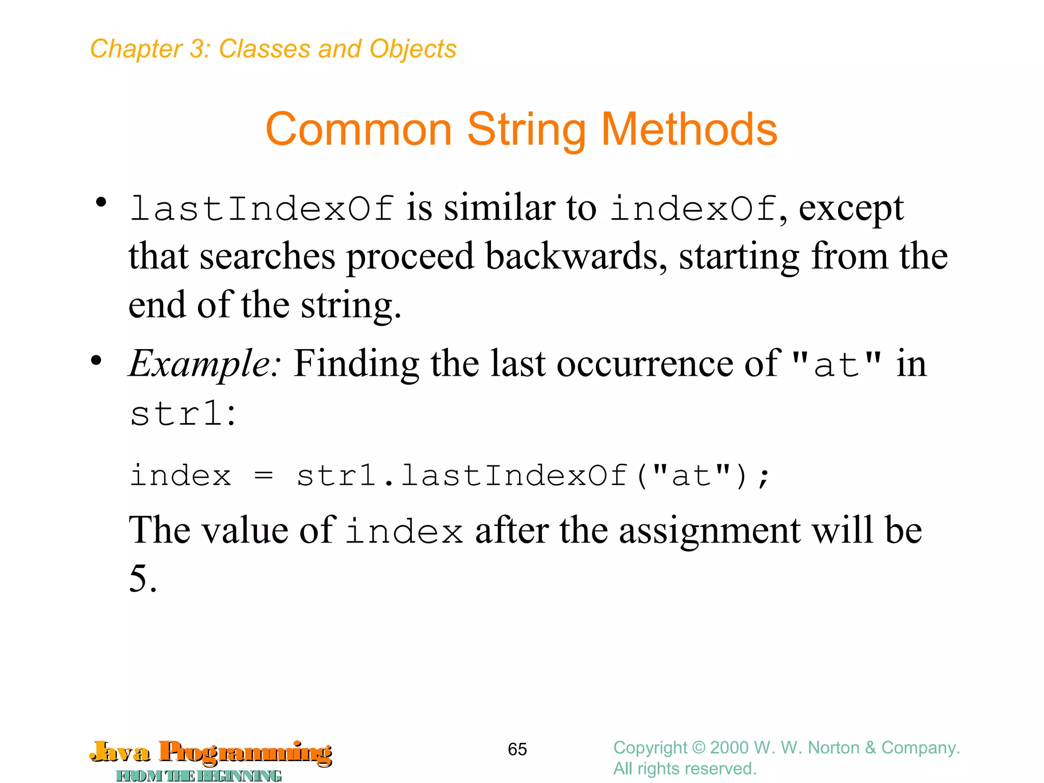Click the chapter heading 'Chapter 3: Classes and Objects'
point(273,49)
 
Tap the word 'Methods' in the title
point(689,129)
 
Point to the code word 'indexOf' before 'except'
point(694,209)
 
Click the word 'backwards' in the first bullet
point(576,256)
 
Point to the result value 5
point(138,579)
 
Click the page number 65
point(517,749)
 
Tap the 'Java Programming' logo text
point(211,752)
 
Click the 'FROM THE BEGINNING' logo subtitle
point(199,776)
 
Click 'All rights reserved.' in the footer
point(685,769)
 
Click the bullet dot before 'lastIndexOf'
point(101,202)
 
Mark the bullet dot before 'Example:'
point(96,361)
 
